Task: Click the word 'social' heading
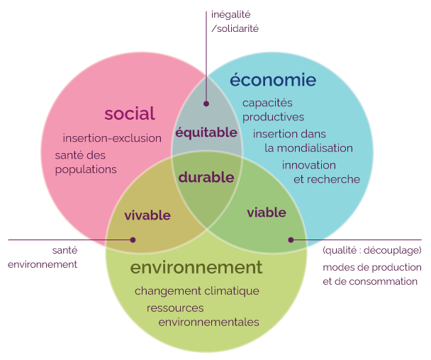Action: point(130,113)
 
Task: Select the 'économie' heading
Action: point(273,79)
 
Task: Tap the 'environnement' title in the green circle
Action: point(196,267)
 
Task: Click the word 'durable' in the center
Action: point(206,177)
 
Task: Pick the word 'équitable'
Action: point(206,133)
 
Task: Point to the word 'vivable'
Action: point(147,215)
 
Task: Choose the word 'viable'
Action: point(267,213)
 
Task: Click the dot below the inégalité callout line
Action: point(206,103)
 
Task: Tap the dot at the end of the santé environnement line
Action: point(133,240)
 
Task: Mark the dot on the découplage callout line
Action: point(291,240)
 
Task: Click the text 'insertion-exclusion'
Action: point(112,138)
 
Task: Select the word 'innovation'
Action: point(309,165)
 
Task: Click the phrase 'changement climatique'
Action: point(197,291)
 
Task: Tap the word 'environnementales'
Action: point(208,322)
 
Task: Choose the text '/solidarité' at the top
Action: point(235,28)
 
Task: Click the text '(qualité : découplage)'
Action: point(372,250)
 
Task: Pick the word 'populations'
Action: point(86,169)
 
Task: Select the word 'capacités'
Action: point(267,103)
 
